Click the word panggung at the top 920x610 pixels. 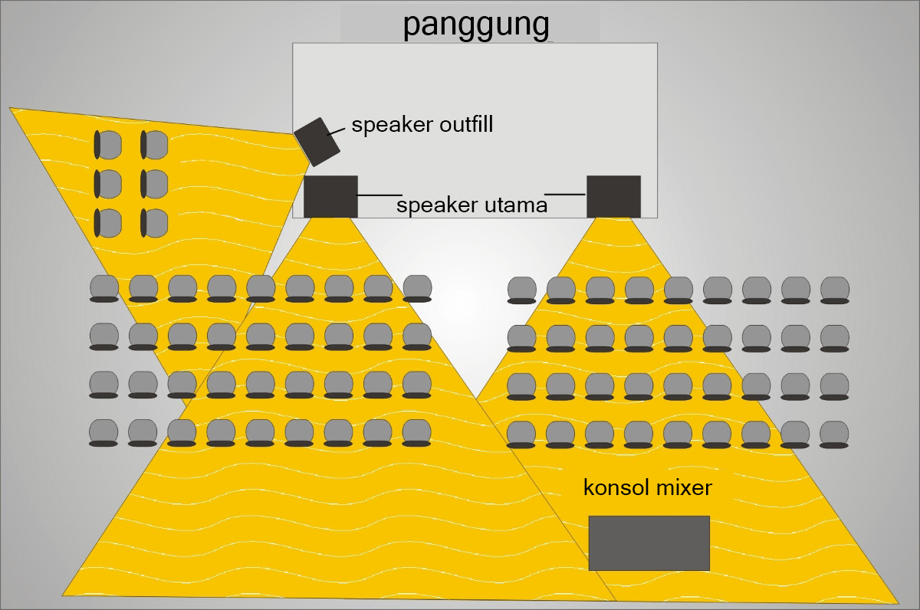(477, 24)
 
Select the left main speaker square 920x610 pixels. (330, 196)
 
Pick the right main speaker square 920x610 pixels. (613, 196)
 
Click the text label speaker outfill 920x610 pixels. (422, 124)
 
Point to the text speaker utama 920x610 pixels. (472, 205)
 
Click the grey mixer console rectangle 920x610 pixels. (649, 543)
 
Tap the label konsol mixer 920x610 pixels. (648, 487)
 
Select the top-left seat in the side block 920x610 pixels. (108, 143)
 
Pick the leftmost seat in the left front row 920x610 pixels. (104, 289)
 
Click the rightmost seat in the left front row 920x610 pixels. (417, 288)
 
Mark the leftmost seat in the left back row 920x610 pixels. (103, 433)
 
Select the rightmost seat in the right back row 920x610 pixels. (834, 435)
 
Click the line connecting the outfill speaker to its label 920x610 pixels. (336, 131)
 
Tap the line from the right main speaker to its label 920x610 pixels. (565, 194)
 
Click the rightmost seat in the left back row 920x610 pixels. (416, 433)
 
